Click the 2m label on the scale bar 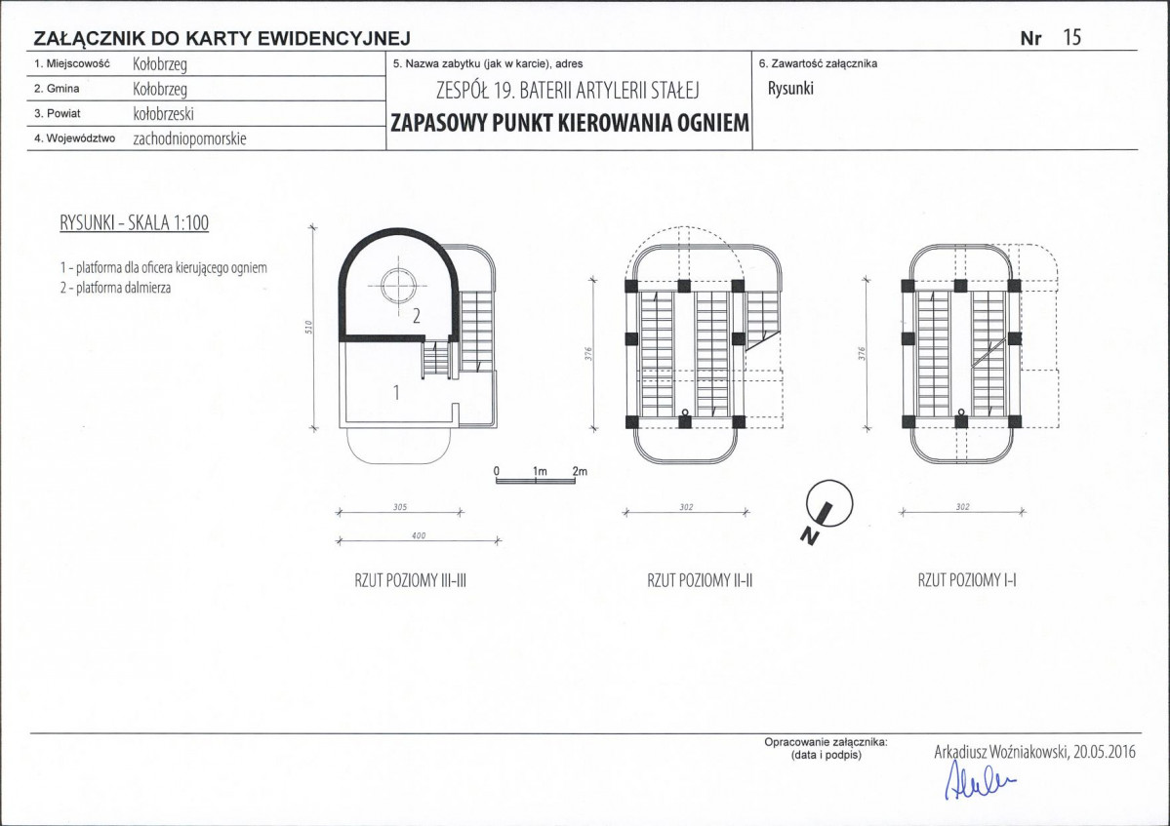point(580,471)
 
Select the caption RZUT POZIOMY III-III point(411,580)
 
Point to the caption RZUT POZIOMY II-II point(700,580)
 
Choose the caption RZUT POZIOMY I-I point(967,580)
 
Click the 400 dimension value point(419,535)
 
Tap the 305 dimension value point(400,507)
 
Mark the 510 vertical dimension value point(309,327)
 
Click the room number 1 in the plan point(396,391)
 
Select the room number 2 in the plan point(417,315)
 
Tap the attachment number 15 point(1071,36)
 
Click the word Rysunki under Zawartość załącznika point(790,88)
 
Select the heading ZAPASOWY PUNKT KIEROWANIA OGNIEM point(570,123)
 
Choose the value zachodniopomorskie point(189,138)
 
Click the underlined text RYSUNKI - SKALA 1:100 point(135,223)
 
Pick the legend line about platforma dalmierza point(116,288)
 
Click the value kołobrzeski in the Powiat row point(163,113)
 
